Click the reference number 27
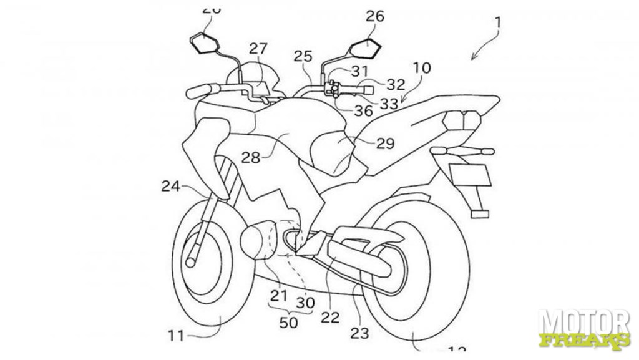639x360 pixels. pos(258,49)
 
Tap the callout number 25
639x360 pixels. pos(303,56)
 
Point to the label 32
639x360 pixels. pos(396,84)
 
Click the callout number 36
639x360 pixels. pos(363,111)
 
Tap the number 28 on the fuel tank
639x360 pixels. pos(251,158)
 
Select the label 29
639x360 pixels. pos(385,144)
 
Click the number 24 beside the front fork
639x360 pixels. pos(171,185)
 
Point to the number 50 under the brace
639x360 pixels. pos(288,323)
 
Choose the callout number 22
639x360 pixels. pos(330,317)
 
